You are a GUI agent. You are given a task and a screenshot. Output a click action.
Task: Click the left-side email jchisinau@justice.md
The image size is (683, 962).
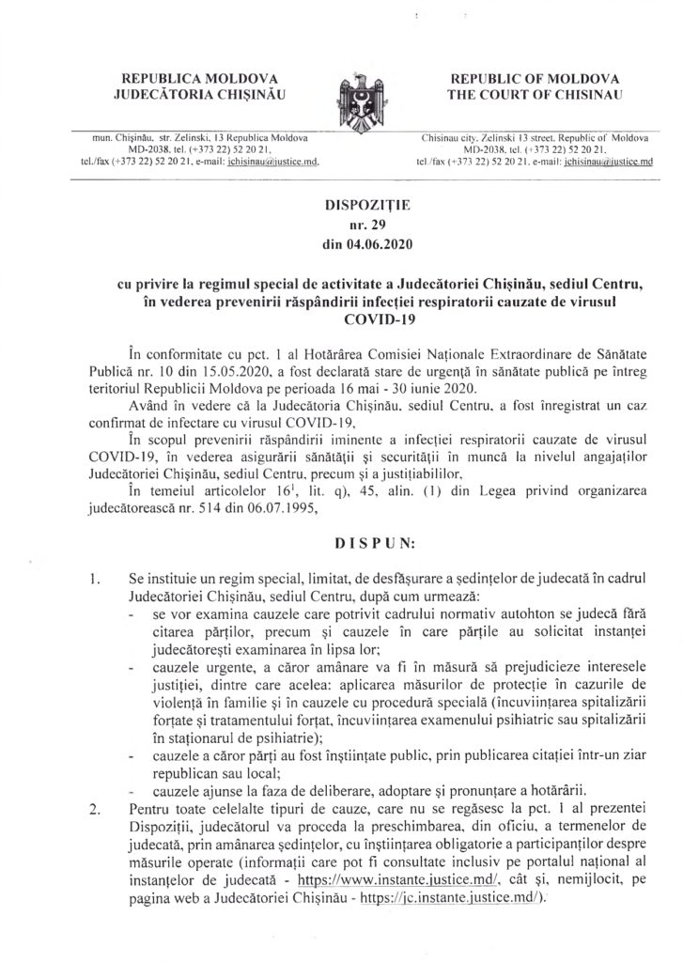[x=272, y=162]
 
